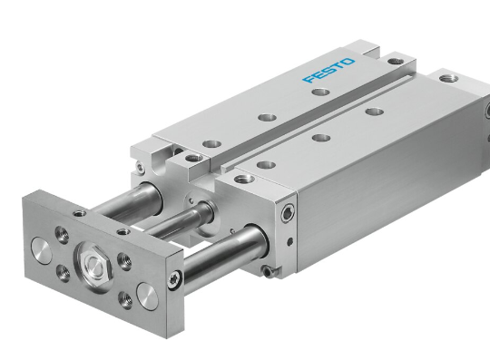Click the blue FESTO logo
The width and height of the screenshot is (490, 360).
pos(328,70)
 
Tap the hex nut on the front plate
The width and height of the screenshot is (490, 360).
pos(93,264)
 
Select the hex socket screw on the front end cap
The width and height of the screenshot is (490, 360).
pos(288,214)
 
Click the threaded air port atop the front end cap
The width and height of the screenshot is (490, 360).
pos(244,180)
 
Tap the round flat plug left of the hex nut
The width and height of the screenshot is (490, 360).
pos(42,250)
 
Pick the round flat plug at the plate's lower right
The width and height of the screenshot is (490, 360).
pos(148,296)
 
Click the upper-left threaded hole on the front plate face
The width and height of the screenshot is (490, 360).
pos(62,235)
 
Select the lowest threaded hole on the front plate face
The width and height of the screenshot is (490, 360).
pos(125,300)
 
